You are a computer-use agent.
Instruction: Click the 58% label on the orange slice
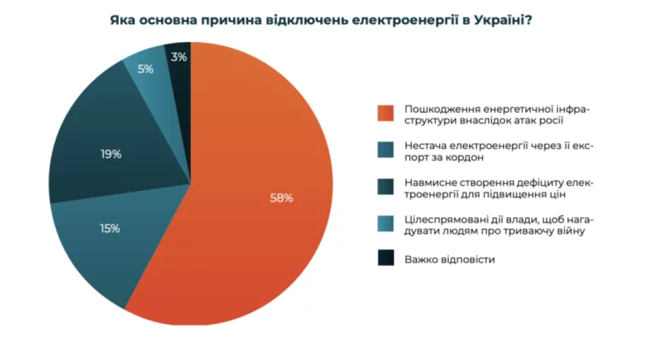[282, 198]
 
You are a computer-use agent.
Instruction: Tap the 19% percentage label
[111, 154]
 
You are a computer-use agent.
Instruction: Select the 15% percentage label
[110, 229]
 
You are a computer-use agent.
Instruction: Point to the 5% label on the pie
[146, 69]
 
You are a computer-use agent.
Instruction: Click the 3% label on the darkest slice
[179, 57]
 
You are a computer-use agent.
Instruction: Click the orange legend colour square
[385, 114]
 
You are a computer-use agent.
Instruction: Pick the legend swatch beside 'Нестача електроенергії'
[385, 151]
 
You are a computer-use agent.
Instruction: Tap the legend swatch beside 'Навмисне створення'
[385, 188]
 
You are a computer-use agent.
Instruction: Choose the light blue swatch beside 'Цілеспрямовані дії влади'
[385, 225]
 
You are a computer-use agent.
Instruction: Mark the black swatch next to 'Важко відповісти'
[385, 259]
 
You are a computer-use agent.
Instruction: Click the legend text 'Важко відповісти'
[449, 259]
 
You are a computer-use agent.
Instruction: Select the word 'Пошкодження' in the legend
[434, 109]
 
